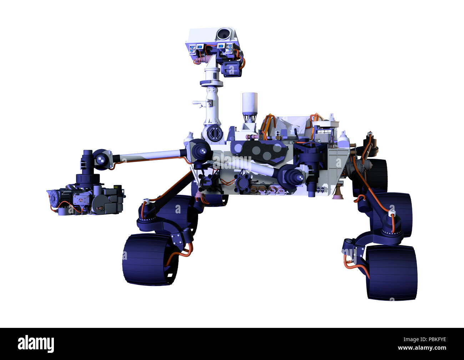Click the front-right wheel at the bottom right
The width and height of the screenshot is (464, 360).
pos(391,272)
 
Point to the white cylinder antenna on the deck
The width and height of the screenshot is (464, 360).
pos(249,103)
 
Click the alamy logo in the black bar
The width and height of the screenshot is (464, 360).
pos(36,344)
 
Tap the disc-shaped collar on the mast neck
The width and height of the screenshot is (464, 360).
pos(211,83)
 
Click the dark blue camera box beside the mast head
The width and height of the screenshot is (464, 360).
pos(231,68)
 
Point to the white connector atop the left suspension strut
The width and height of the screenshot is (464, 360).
pos(145,201)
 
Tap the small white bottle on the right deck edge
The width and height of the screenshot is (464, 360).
pos(343,139)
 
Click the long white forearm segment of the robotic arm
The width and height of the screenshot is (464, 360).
pos(150,157)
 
